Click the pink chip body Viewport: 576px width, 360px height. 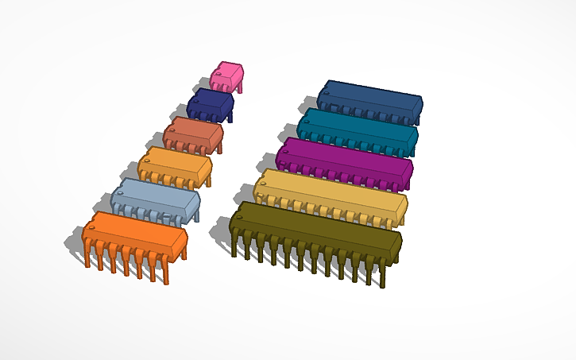point(228,73)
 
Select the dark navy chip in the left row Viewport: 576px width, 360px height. point(211,103)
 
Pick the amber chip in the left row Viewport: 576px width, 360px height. point(175,164)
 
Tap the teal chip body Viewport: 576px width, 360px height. point(358,126)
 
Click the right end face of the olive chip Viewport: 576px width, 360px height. point(397,248)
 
